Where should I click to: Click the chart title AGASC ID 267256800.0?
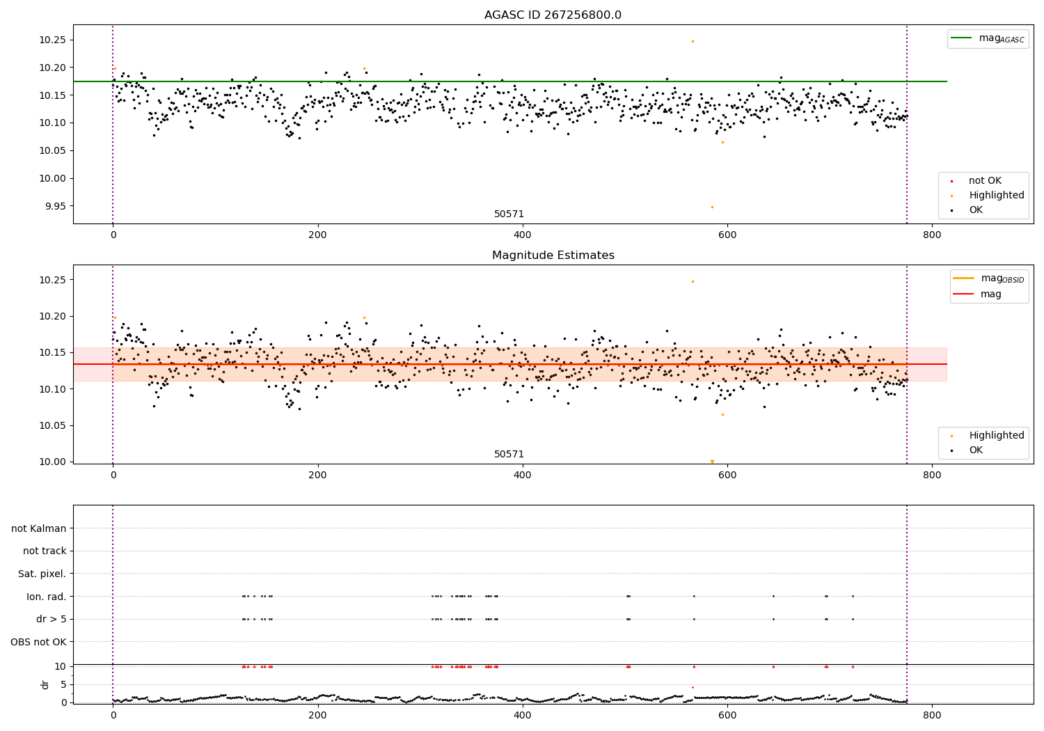click(x=553, y=15)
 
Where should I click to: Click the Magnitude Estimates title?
click(x=553, y=256)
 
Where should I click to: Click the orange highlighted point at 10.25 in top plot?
click(x=693, y=41)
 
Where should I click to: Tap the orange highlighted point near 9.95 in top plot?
click(x=712, y=207)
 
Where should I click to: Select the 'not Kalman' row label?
click(x=39, y=528)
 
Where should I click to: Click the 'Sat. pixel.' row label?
click(x=42, y=574)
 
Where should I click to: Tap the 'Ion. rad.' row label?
click(x=46, y=597)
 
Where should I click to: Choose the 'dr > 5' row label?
click(x=51, y=619)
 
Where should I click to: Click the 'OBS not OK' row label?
click(x=38, y=642)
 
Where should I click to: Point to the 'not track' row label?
click(x=45, y=551)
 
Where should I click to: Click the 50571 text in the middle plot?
click(x=509, y=454)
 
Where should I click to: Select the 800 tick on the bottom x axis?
click(x=931, y=714)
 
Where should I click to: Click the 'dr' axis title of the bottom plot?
click(x=45, y=684)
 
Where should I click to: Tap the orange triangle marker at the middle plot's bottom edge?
click(x=712, y=461)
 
